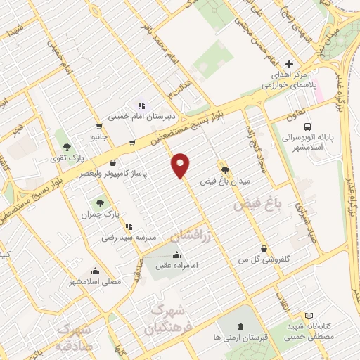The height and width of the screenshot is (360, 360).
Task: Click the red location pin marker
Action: pyautogui.click(x=181, y=165)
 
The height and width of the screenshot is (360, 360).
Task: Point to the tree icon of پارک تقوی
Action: pyautogui.click(x=66, y=148)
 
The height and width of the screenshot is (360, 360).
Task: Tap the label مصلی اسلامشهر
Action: pyautogui.click(x=96, y=281)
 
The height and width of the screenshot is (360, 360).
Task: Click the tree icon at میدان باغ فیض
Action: pyautogui.click(x=225, y=169)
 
